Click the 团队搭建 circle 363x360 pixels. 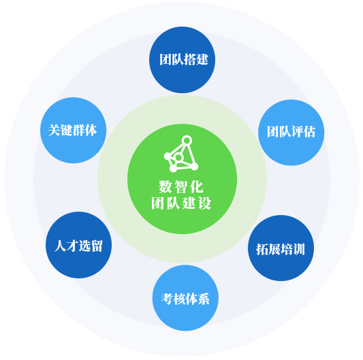(x=183, y=60)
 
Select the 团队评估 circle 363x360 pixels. (x=291, y=132)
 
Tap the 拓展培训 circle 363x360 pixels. (x=281, y=248)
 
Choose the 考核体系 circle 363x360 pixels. (x=185, y=298)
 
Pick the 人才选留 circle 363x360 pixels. (x=79, y=245)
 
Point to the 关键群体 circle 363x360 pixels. (x=74, y=130)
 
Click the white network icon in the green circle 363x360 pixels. (x=181, y=154)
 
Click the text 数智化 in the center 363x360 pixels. (x=181, y=186)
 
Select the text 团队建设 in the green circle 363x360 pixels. (x=181, y=203)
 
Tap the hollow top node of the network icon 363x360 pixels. (x=187, y=140)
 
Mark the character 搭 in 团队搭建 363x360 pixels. (x=190, y=60)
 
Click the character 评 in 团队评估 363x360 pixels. (x=297, y=132)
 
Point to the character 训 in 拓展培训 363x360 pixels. (x=299, y=249)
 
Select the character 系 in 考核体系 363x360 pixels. (x=204, y=299)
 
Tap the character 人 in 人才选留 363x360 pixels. (x=61, y=246)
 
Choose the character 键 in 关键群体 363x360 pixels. (x=67, y=130)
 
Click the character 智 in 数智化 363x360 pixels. (x=181, y=186)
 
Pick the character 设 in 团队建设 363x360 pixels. (x=204, y=203)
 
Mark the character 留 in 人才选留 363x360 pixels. (x=97, y=246)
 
